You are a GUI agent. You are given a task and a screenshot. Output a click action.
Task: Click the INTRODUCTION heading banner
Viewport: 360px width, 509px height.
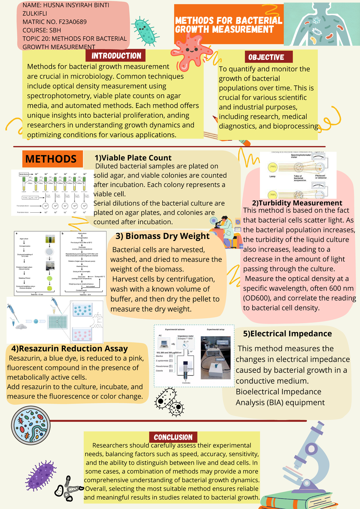coord(116,56)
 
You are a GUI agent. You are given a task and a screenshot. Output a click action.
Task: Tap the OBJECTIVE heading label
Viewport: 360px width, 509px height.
coord(266,57)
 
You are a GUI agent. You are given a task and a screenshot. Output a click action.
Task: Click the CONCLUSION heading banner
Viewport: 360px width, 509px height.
coord(173,437)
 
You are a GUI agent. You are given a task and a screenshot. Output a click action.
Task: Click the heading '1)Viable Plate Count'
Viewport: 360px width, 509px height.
coord(133,158)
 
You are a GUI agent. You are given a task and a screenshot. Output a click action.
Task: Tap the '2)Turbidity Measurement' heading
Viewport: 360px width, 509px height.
coord(297,203)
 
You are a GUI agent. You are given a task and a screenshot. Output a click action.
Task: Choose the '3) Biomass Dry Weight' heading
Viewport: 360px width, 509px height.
coord(162,236)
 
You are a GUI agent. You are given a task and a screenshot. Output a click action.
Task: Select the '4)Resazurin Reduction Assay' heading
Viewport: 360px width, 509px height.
coord(69,349)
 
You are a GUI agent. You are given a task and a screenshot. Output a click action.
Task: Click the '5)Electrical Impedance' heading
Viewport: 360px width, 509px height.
coord(287,334)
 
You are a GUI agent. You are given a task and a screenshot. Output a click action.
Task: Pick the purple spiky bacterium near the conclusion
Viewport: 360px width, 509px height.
coord(41,475)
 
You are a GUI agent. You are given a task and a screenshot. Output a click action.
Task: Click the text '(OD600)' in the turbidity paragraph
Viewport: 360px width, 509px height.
coord(257,298)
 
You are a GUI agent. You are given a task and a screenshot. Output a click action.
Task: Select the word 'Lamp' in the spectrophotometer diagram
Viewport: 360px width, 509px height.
coord(272,176)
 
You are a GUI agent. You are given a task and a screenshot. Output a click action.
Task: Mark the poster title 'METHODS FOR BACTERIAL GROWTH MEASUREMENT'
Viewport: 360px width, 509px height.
coord(228,25)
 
